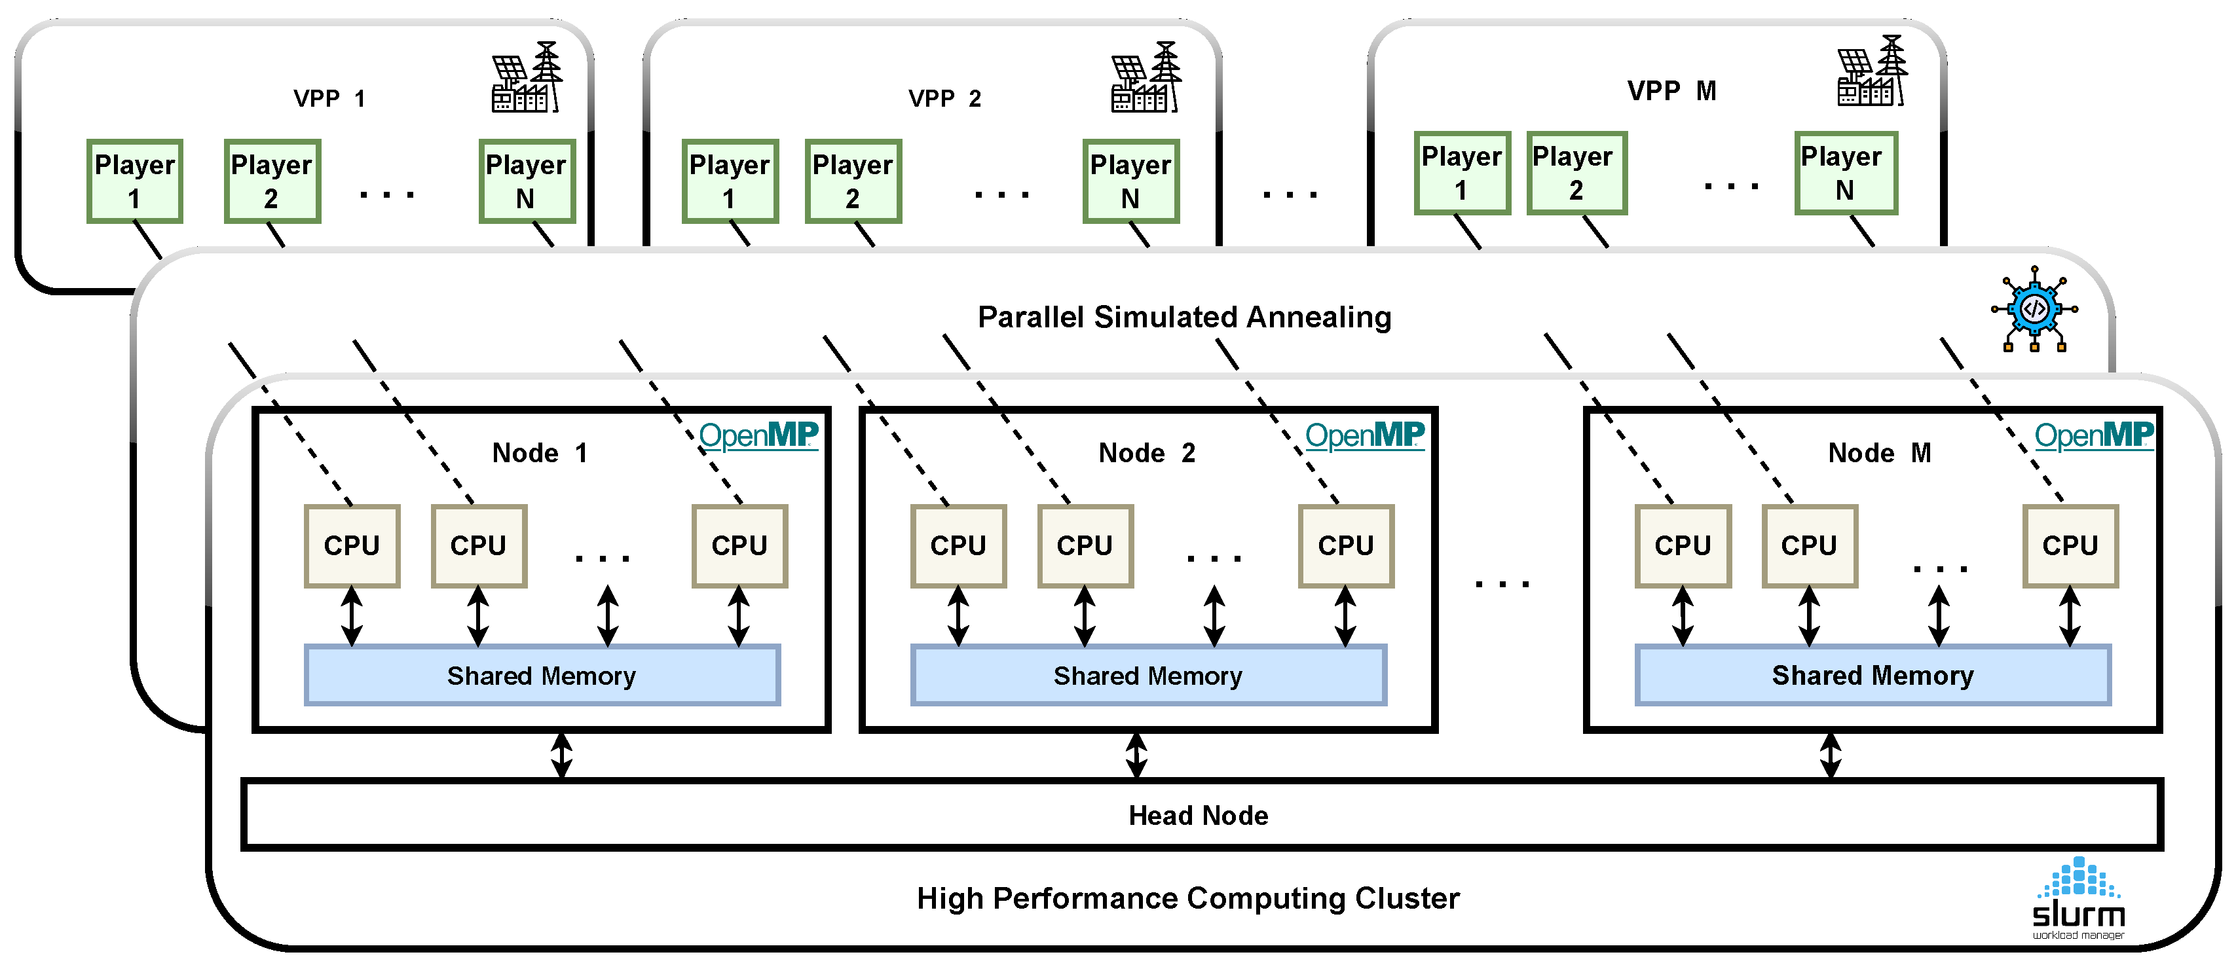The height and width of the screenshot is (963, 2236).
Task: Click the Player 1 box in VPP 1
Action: (x=134, y=181)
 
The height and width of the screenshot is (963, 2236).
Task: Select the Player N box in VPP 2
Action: (x=1130, y=181)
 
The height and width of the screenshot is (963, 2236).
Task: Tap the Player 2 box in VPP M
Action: (x=1575, y=173)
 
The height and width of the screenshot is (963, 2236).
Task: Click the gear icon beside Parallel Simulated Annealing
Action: (x=2034, y=310)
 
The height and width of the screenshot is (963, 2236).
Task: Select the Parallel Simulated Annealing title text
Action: (x=1184, y=318)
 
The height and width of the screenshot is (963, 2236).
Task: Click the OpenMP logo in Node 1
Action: (x=758, y=435)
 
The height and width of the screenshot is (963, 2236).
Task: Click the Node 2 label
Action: (x=1147, y=453)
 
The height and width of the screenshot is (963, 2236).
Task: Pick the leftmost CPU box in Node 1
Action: (x=352, y=546)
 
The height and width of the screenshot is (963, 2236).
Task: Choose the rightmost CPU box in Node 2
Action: (x=1345, y=546)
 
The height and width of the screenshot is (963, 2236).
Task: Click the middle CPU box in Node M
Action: (x=1809, y=546)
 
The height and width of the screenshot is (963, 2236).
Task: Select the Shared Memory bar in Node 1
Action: (x=542, y=675)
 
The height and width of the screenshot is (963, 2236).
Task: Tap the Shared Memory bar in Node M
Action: (x=1873, y=675)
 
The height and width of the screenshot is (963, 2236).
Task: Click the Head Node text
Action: (x=1198, y=816)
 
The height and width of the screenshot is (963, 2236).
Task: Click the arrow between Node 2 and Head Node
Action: (x=1136, y=755)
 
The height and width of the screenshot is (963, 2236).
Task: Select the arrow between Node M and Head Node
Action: (x=1830, y=755)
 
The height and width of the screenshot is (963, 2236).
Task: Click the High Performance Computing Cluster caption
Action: (x=1187, y=899)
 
